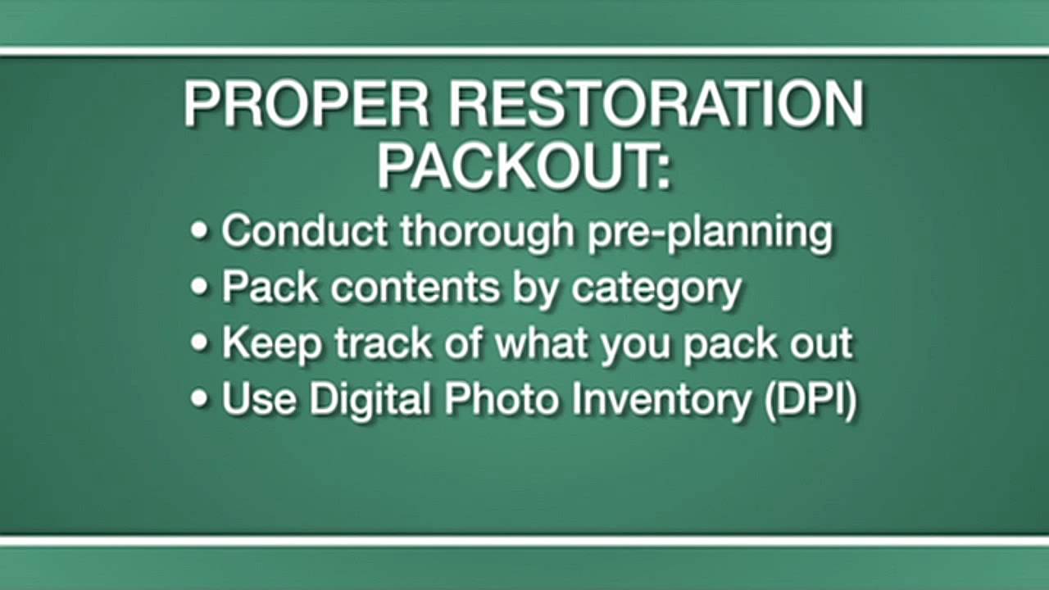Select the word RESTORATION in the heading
coord(656,104)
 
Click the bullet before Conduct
coord(200,232)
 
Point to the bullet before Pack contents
coord(200,288)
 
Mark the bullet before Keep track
coord(200,343)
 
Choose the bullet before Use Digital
coord(200,399)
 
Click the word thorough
coord(488,232)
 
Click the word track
coord(384,343)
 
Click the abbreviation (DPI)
coord(810,401)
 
